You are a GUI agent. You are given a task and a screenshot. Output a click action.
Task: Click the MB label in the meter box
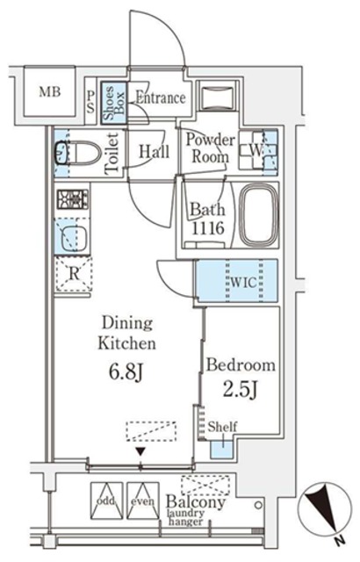(x=50, y=92)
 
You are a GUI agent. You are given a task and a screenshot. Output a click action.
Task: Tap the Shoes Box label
(x=113, y=103)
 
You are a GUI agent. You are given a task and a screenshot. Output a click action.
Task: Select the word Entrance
(x=160, y=97)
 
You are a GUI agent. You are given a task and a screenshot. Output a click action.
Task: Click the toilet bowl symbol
(x=78, y=154)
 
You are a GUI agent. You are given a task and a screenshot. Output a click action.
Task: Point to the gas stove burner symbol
(x=72, y=199)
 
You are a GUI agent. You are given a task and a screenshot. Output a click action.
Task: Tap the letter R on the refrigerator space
(x=74, y=274)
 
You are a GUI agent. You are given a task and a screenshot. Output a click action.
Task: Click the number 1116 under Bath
(x=208, y=227)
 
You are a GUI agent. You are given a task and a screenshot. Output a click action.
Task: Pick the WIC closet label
(x=243, y=282)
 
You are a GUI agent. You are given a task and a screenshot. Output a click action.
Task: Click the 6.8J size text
(x=126, y=372)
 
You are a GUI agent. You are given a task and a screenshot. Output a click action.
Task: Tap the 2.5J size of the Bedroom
(x=241, y=389)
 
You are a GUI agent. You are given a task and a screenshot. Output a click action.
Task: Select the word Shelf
(x=222, y=427)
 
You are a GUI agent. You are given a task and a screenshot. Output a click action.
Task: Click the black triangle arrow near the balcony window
(x=140, y=451)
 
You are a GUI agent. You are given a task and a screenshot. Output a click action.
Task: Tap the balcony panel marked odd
(x=106, y=501)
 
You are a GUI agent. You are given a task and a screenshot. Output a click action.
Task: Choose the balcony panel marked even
(x=143, y=501)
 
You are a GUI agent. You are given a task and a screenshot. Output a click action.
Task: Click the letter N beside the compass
(x=341, y=540)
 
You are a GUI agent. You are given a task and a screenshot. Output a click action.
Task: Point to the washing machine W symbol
(x=256, y=151)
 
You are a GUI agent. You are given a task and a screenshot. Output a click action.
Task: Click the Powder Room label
(x=210, y=148)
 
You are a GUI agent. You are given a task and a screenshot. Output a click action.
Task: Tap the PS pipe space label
(x=90, y=102)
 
